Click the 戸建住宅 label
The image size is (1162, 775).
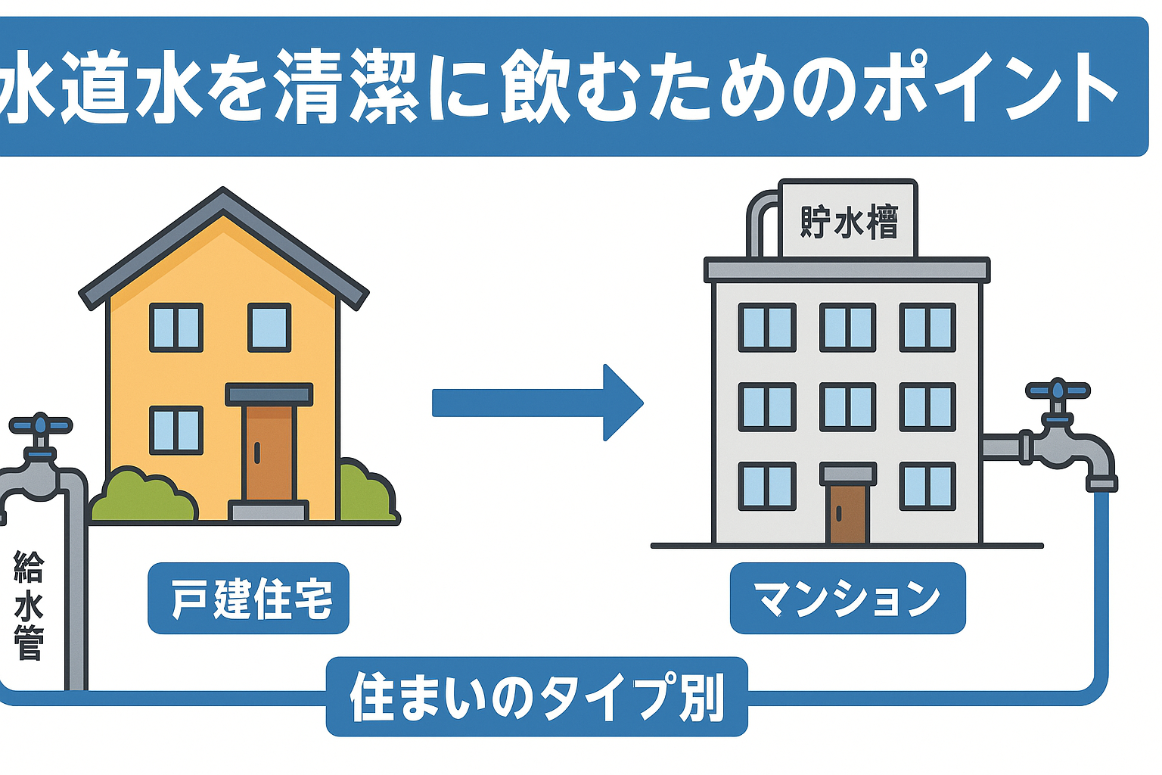click(x=248, y=598)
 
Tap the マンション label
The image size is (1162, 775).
click(x=847, y=598)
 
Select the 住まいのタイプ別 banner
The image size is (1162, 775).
click(x=536, y=696)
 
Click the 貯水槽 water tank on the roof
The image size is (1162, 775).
click(x=848, y=220)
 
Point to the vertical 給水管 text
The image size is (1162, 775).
click(x=30, y=605)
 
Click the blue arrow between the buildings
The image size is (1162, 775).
click(x=537, y=403)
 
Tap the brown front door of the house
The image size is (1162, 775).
click(x=269, y=454)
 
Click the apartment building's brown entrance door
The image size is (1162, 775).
click(x=847, y=513)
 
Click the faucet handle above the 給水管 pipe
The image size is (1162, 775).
click(x=39, y=426)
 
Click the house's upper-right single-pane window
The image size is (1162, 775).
click(x=269, y=327)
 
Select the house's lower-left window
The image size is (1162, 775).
click(x=176, y=430)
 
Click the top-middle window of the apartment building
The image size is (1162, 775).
click(x=847, y=327)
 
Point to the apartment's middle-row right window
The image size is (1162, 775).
click(x=927, y=407)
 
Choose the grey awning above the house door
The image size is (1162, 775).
click(x=269, y=394)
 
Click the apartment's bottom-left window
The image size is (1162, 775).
click(x=767, y=486)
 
